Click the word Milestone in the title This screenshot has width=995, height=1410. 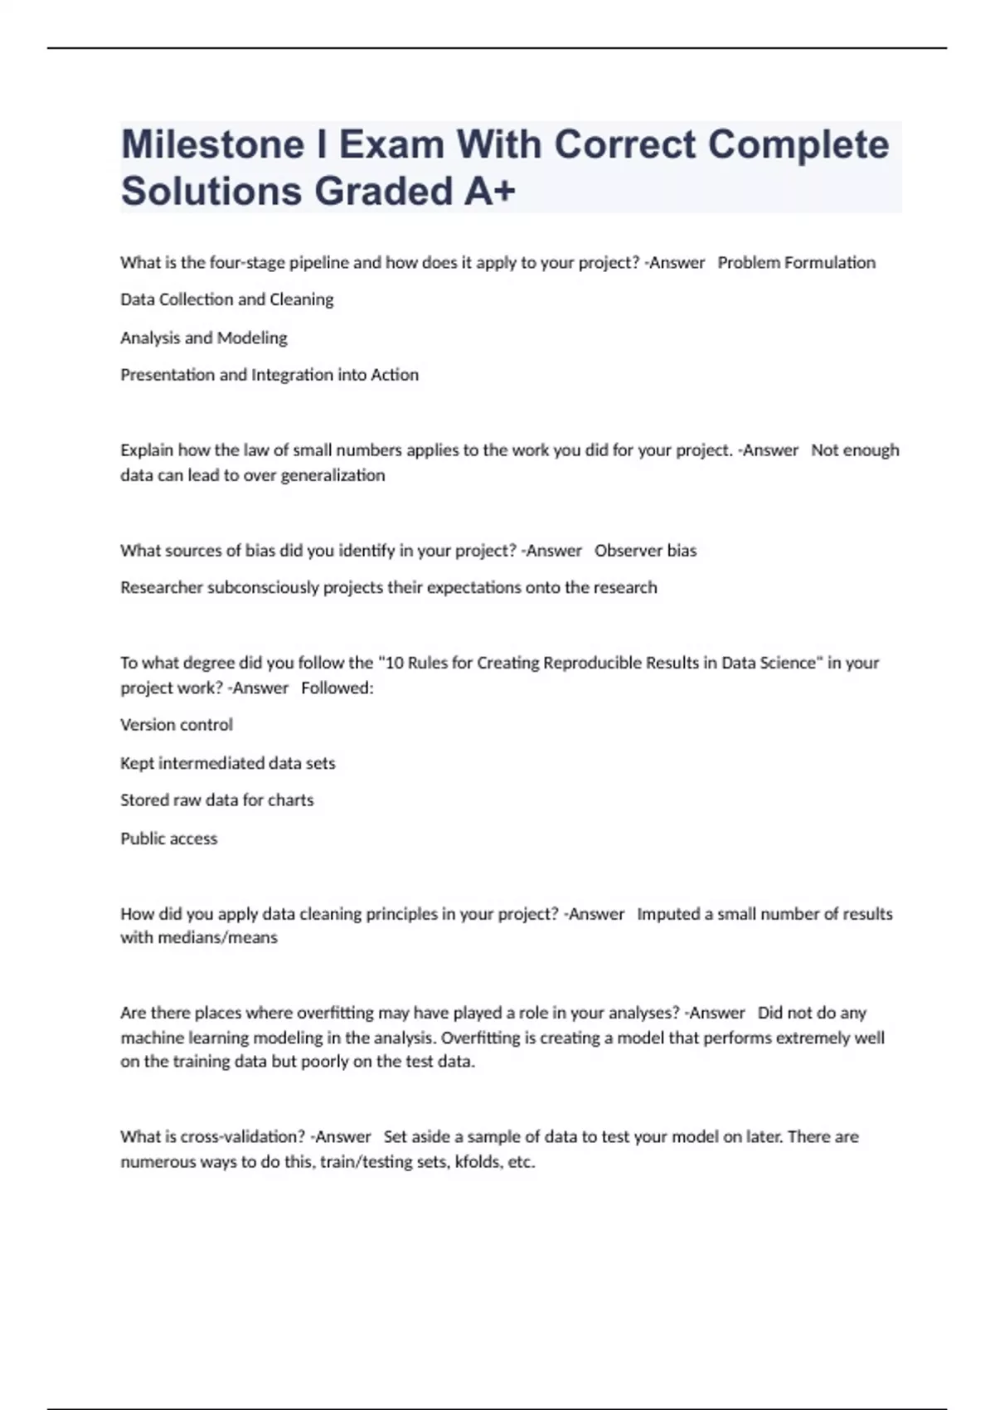[213, 144]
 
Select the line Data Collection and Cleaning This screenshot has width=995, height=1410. [226, 299]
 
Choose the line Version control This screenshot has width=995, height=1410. [177, 725]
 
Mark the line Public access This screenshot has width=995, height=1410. [168, 839]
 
